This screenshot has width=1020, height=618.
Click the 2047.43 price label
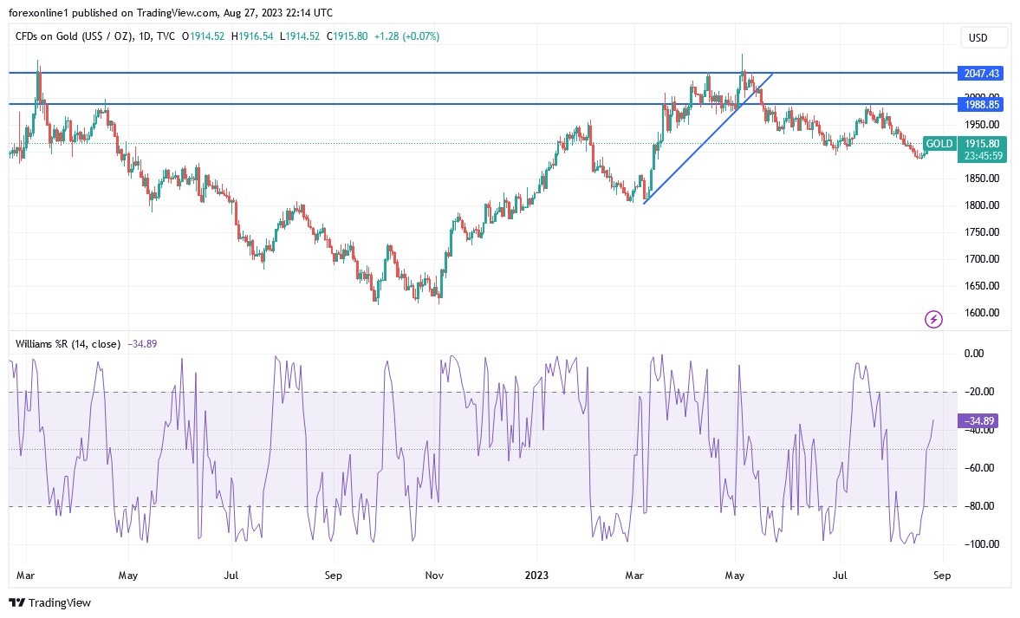tap(982, 74)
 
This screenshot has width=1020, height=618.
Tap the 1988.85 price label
tap(982, 104)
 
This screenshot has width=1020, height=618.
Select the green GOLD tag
tap(939, 144)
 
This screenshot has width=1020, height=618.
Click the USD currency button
tap(978, 37)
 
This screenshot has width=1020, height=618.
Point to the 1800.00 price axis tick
tap(981, 205)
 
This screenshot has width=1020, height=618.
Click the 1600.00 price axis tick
tap(981, 313)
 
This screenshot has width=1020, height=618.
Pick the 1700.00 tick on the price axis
tap(981, 259)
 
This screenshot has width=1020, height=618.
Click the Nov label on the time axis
tap(435, 575)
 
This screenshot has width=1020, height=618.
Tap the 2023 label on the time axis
tap(536, 575)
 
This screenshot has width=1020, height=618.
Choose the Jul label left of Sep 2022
tap(231, 575)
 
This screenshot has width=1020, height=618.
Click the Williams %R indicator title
tap(68, 344)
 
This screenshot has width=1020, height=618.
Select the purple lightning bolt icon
tap(933, 320)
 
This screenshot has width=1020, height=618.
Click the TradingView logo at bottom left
tap(50, 602)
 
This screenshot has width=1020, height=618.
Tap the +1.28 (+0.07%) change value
tap(406, 36)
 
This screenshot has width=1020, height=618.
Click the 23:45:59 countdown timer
tap(982, 156)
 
